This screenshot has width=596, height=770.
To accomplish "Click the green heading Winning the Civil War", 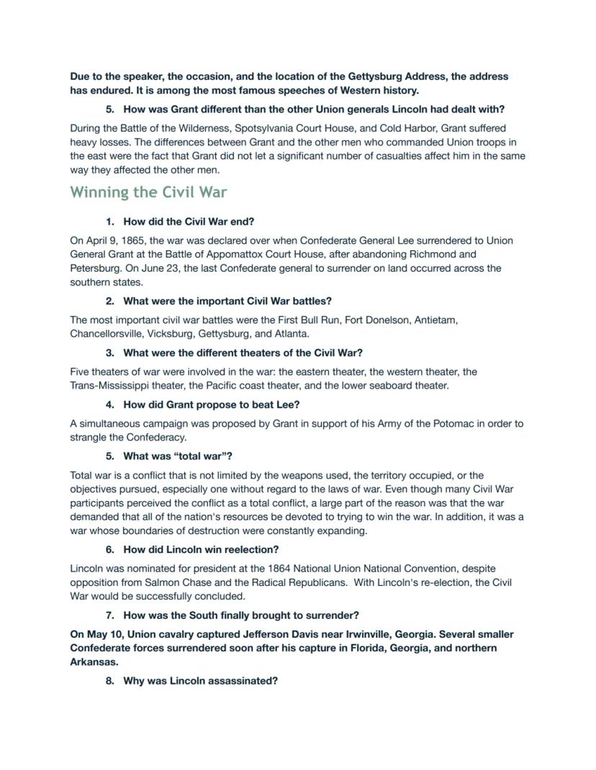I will click(x=148, y=192).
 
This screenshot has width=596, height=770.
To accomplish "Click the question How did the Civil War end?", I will click(x=189, y=221).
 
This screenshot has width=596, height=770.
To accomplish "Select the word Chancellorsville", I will click(x=107, y=334).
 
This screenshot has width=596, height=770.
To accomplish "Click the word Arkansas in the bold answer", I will click(x=93, y=661).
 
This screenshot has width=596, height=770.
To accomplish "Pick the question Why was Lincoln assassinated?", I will click(x=200, y=680).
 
